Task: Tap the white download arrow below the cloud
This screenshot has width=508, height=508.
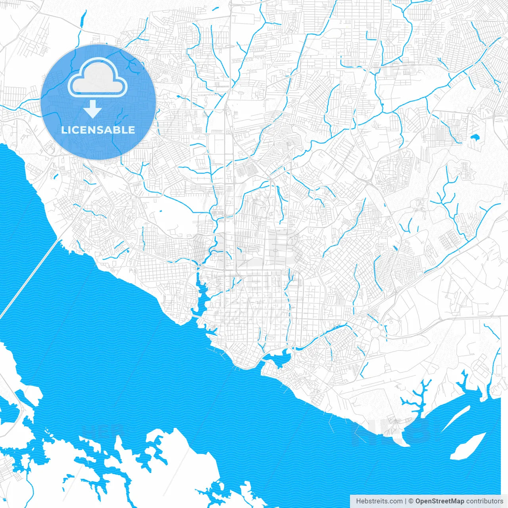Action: [x=93, y=109]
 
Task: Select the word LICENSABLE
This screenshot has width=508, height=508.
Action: [x=98, y=130]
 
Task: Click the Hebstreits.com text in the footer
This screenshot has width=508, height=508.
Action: [x=379, y=501]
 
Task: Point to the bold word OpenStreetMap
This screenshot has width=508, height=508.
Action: [x=439, y=501]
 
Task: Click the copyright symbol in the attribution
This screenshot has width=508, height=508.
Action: [x=411, y=501]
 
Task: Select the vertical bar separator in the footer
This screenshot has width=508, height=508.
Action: [x=406, y=501]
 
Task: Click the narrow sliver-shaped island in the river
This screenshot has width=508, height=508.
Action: [x=456, y=419]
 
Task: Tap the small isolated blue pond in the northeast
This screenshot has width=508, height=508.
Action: [x=475, y=138]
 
